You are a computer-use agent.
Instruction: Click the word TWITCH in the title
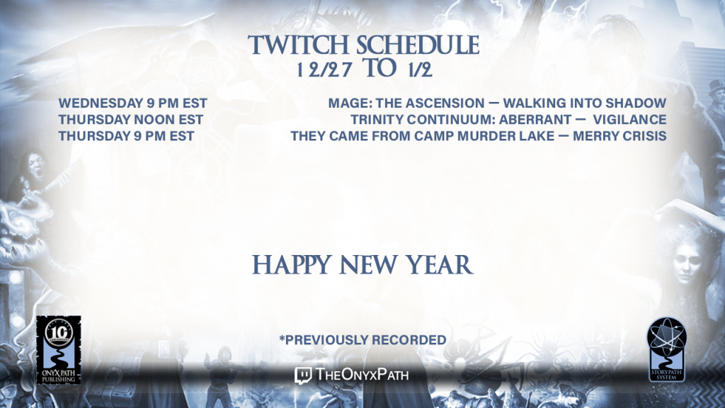point(299,45)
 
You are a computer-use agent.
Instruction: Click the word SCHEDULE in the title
point(418,45)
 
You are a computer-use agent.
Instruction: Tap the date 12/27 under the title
point(324,70)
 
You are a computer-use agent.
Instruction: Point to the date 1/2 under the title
point(421,70)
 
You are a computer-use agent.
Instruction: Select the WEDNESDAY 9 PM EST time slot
point(132,103)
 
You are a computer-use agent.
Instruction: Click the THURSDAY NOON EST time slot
point(131,120)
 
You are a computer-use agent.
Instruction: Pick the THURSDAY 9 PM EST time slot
point(126,136)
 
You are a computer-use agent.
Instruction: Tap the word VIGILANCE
point(629,120)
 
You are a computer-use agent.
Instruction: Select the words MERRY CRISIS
point(620,136)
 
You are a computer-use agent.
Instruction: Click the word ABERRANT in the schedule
point(535,120)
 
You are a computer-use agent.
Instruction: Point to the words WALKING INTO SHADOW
point(585,103)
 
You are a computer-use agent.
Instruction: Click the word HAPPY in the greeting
point(292,265)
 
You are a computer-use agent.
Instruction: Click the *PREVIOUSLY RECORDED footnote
point(362,340)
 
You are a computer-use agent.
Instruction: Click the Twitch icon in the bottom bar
point(303,375)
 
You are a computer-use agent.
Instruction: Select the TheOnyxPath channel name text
point(362,374)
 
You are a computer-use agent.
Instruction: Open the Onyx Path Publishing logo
point(59,350)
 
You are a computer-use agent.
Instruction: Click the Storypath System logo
point(666,349)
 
